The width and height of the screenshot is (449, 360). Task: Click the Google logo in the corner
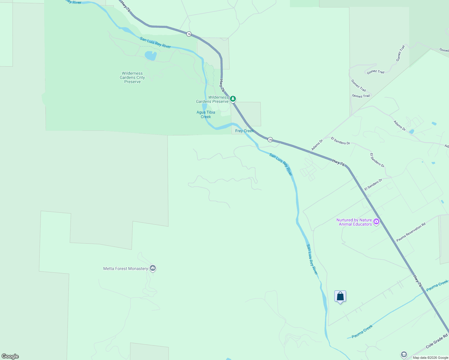pos(10,356)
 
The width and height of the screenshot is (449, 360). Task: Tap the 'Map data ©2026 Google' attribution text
pos(430,358)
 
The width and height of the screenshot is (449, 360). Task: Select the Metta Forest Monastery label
pos(125,268)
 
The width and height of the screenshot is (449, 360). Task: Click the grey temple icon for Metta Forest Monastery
pos(153,268)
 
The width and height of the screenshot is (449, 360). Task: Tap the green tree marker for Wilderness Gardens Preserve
pos(233,98)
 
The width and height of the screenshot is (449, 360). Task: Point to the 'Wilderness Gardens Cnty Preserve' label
pos(132,77)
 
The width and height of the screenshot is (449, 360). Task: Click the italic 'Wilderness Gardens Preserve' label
pos(212,99)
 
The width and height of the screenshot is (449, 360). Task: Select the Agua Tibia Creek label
pos(206,115)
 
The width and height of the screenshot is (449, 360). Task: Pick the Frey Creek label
pos(244,131)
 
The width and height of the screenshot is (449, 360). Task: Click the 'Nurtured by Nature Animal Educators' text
pos(354,222)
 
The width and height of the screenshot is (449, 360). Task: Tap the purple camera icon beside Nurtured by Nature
pos(376,222)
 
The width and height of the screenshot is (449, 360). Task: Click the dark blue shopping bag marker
pos(340,296)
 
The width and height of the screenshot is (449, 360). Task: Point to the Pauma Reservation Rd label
pos(411,232)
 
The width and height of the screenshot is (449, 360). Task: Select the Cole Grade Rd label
pos(437,341)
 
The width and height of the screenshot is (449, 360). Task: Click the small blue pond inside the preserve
pos(151,55)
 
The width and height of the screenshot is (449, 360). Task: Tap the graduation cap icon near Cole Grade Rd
pos(404,355)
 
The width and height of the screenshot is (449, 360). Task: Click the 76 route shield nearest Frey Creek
pos(270,139)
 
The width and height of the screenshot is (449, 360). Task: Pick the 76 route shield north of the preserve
pos(189,34)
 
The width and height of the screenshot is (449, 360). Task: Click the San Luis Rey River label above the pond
pos(155,43)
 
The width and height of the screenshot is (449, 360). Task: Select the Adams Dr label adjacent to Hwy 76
pos(317,145)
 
